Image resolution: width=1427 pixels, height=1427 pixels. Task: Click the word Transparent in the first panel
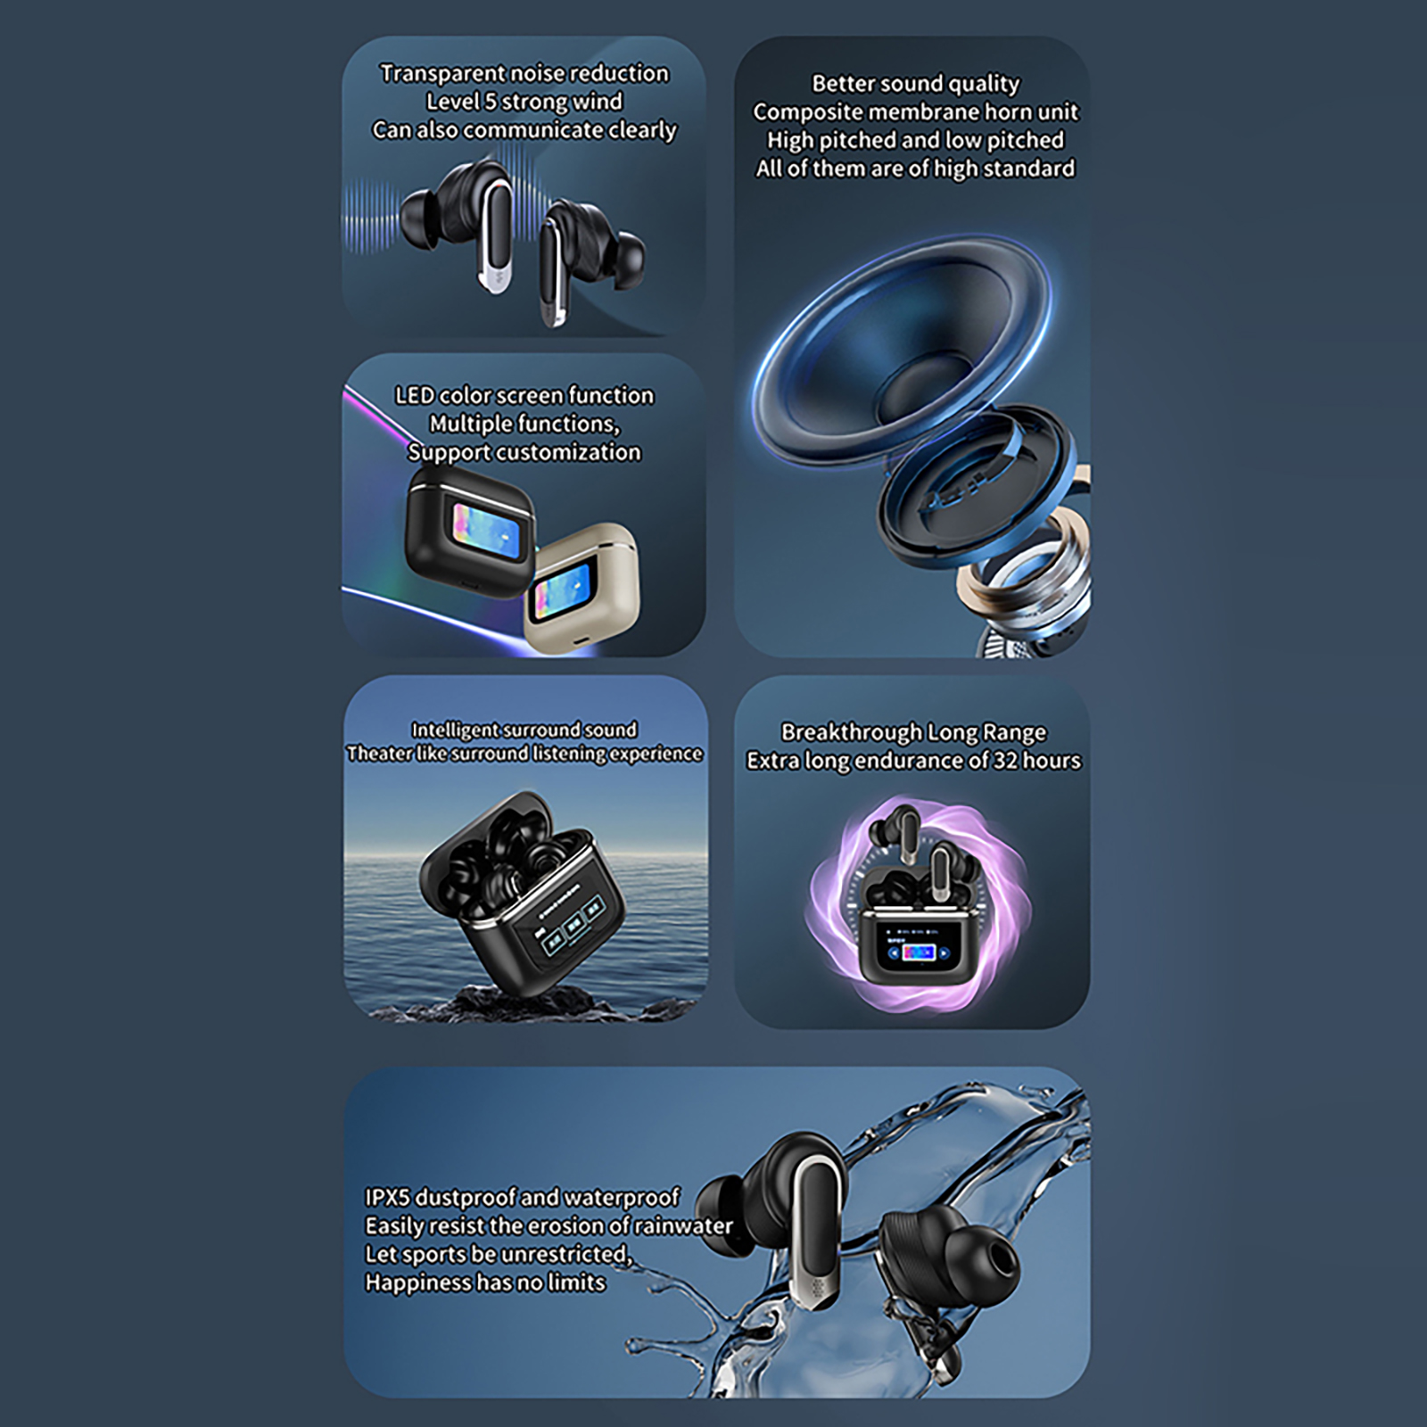point(442,74)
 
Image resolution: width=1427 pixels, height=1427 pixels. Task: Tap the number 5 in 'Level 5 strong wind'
point(491,102)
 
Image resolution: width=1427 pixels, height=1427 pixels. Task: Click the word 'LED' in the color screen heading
point(415,395)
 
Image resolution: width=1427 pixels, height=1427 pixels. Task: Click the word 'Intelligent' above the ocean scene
point(454,730)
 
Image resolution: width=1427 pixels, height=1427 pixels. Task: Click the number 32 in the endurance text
point(1006,761)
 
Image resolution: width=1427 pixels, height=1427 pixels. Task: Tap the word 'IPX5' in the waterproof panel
point(388,1197)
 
